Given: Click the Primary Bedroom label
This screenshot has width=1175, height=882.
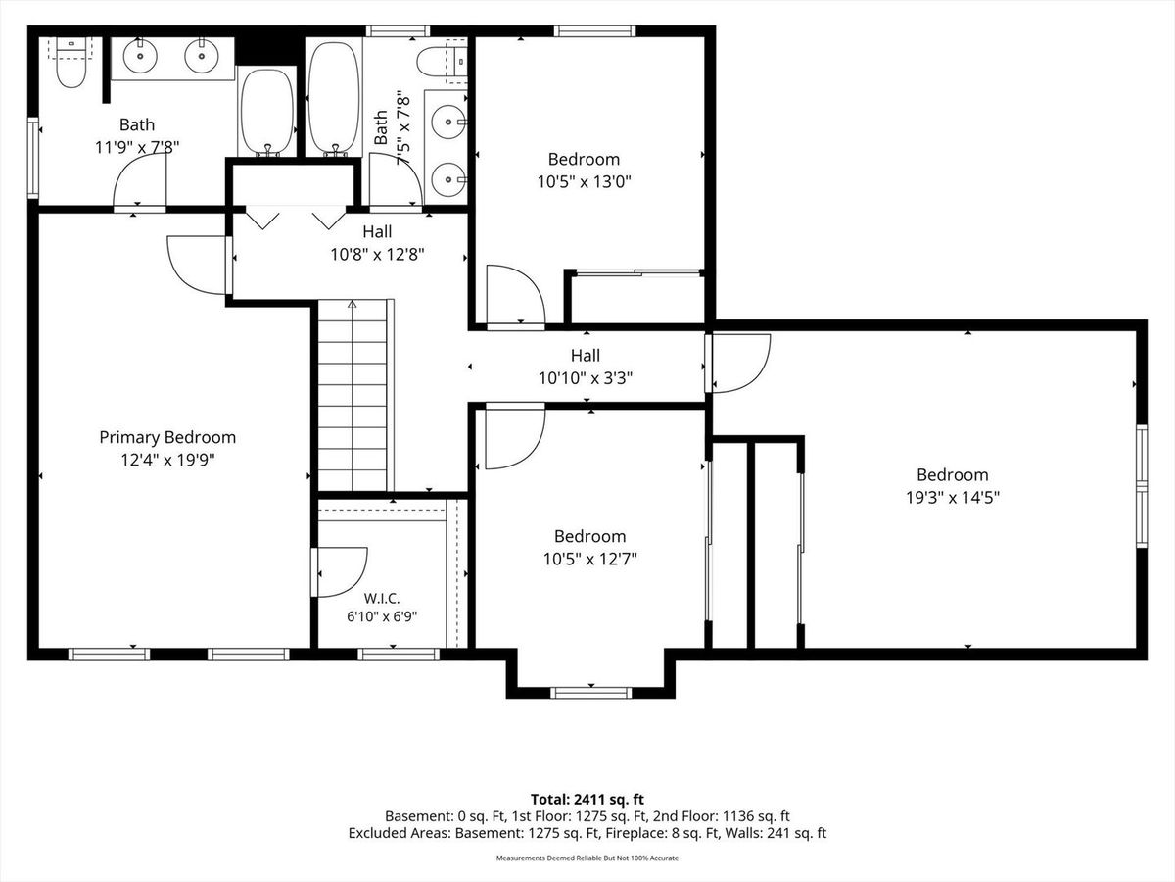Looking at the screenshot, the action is point(167,437).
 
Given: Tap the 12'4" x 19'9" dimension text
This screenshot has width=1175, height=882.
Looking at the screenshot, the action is point(167,460).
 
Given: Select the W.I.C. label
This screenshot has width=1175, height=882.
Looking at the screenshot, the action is point(382,598).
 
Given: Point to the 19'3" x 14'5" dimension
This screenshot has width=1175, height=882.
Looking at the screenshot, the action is point(953,498).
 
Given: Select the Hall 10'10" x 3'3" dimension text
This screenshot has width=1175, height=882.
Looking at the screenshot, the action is point(586,378).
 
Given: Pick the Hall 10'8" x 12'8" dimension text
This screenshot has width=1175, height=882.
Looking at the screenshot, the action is point(377,255).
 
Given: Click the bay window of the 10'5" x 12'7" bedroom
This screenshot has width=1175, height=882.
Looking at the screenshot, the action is point(591,693).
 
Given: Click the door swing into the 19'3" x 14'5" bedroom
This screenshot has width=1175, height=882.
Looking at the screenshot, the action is point(741,364).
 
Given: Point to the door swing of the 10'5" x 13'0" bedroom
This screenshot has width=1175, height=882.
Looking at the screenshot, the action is point(515,294).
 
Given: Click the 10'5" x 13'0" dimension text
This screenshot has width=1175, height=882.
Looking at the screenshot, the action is point(585,182).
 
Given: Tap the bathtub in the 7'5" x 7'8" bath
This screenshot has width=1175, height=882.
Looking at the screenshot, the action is point(335,97).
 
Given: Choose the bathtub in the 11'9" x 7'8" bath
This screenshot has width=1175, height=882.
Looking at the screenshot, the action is point(267,112).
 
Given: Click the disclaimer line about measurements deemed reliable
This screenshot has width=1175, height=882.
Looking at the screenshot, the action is point(587,857).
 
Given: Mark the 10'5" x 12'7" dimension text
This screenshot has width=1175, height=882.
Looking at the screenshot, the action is point(590,559).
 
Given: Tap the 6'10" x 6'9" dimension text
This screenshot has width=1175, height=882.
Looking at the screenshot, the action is point(382,617).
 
